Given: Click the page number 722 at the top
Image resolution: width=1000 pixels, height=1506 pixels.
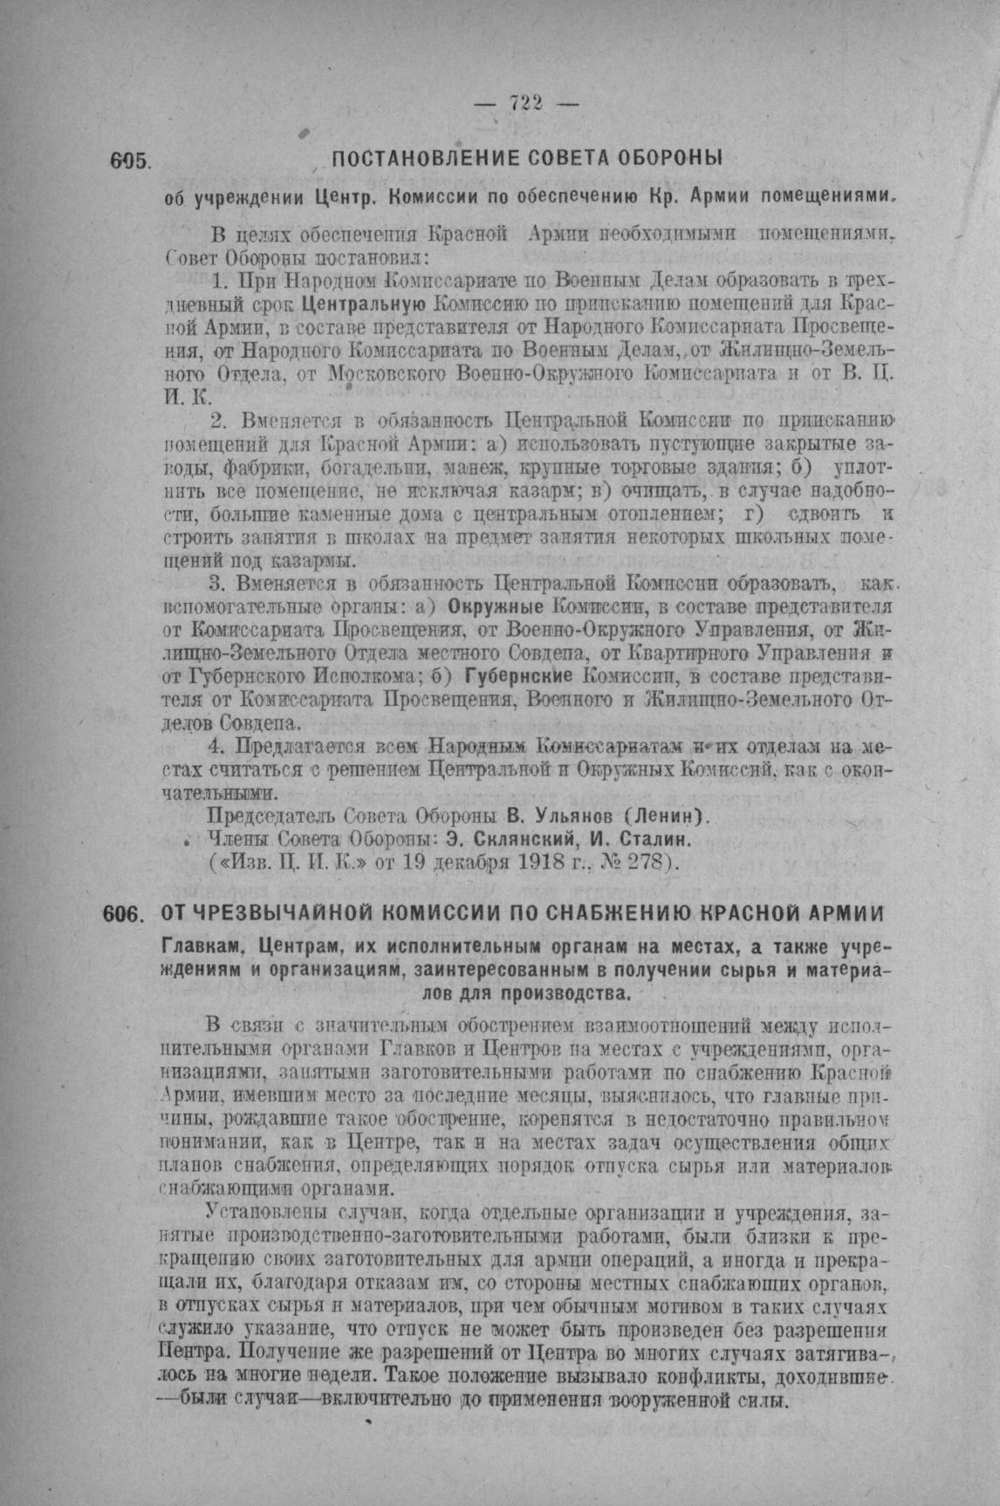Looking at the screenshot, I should tap(526, 103).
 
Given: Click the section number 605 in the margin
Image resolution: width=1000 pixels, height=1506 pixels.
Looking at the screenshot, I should tap(132, 161).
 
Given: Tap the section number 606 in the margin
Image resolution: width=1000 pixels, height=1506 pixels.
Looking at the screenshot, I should tap(121, 913).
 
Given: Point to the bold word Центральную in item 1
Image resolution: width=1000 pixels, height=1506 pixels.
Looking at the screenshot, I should tap(363, 305).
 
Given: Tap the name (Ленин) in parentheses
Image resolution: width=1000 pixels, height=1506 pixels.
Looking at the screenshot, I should tap(663, 817).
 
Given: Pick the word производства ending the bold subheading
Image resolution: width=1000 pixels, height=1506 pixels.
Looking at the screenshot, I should tap(566, 993).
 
